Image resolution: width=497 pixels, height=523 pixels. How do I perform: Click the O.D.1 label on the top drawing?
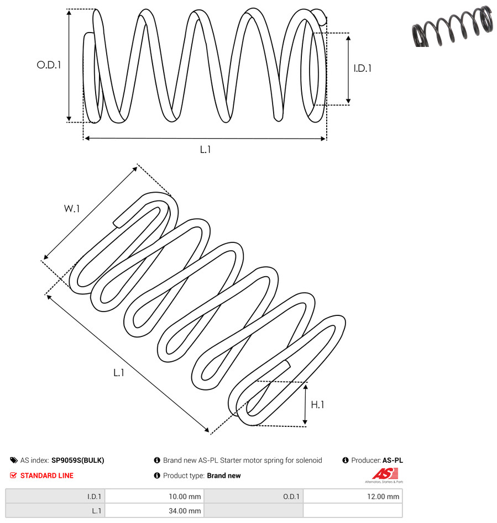coord(49,65)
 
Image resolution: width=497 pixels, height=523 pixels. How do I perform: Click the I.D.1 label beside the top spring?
coord(363,68)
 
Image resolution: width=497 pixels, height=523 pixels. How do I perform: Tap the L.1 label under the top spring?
coord(205,150)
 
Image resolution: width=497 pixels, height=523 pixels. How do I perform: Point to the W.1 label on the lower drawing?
coord(72,209)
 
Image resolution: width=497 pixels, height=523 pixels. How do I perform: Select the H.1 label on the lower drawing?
coord(317,405)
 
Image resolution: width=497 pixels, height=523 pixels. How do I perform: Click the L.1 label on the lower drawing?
coord(119,373)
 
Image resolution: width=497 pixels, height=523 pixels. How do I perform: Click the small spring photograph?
coord(453,26)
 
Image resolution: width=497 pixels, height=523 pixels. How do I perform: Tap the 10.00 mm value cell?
coord(154,496)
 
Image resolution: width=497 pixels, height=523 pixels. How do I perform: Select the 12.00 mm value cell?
coord(353,496)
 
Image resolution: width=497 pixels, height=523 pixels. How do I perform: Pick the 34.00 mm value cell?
coord(154,511)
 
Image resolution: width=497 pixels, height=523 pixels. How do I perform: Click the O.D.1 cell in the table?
coord(254,496)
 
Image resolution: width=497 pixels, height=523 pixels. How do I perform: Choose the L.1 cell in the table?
coord(55,511)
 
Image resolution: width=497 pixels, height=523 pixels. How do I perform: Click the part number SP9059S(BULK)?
coord(78,460)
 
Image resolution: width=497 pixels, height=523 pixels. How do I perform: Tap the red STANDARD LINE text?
coord(47,476)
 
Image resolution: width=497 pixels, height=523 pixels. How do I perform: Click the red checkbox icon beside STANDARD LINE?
coord(13,476)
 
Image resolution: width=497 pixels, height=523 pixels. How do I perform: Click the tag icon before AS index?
coord(14,460)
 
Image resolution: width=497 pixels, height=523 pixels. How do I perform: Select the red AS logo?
coord(385,474)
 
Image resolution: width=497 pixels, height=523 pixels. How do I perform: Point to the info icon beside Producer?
coord(346,460)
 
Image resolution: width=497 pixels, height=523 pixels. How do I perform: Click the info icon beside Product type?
coord(157,476)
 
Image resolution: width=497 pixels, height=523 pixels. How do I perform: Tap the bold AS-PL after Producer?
coord(393,460)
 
